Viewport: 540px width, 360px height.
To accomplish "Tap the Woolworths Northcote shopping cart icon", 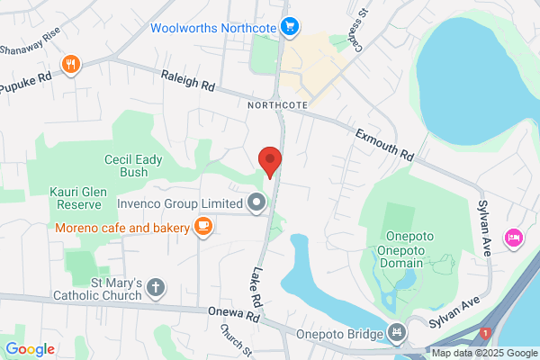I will click(x=289, y=27).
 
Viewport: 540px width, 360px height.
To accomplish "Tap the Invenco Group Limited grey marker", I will click(x=257, y=202).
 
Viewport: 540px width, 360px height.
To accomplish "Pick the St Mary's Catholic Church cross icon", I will click(x=156, y=288).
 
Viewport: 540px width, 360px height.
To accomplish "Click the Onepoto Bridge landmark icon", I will click(x=397, y=333).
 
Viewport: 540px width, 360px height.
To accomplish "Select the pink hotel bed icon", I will click(x=514, y=237).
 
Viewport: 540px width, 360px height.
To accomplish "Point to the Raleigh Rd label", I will click(x=190, y=84).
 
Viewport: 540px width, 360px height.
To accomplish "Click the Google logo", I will click(x=30, y=349).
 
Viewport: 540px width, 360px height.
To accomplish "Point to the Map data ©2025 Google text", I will click(x=483, y=352).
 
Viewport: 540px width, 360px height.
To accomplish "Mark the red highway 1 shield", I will click(x=485, y=334).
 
